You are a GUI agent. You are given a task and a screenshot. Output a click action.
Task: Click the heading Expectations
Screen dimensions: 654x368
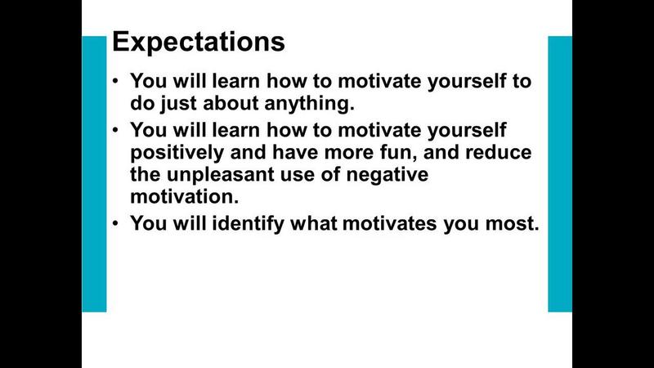(x=199, y=43)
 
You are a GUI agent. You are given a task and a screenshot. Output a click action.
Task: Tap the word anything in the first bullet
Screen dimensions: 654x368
(x=309, y=103)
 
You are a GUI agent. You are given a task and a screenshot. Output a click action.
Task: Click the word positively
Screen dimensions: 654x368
(x=177, y=152)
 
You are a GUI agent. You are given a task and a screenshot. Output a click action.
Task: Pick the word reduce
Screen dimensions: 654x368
(x=499, y=152)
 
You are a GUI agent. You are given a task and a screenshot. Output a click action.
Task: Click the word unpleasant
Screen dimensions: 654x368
(x=220, y=174)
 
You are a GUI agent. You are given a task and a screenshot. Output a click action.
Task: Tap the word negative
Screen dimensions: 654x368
(x=387, y=175)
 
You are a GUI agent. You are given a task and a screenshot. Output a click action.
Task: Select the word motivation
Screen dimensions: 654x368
(x=185, y=196)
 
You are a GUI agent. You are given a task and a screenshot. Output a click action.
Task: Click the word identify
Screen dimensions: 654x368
(x=248, y=223)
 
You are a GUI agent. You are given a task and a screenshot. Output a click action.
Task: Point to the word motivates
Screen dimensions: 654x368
(x=390, y=223)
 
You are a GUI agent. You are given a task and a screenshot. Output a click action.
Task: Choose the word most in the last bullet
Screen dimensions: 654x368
(x=513, y=223)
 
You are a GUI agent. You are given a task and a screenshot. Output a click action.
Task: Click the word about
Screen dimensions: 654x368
(x=231, y=103)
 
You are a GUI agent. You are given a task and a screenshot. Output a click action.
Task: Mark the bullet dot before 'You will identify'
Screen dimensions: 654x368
(x=115, y=222)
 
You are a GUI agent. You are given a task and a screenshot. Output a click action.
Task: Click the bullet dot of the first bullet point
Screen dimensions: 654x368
(x=115, y=80)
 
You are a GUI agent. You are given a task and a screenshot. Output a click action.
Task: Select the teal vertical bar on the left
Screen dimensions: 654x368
(x=94, y=173)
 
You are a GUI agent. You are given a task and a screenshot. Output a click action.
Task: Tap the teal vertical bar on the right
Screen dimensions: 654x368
(x=560, y=173)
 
